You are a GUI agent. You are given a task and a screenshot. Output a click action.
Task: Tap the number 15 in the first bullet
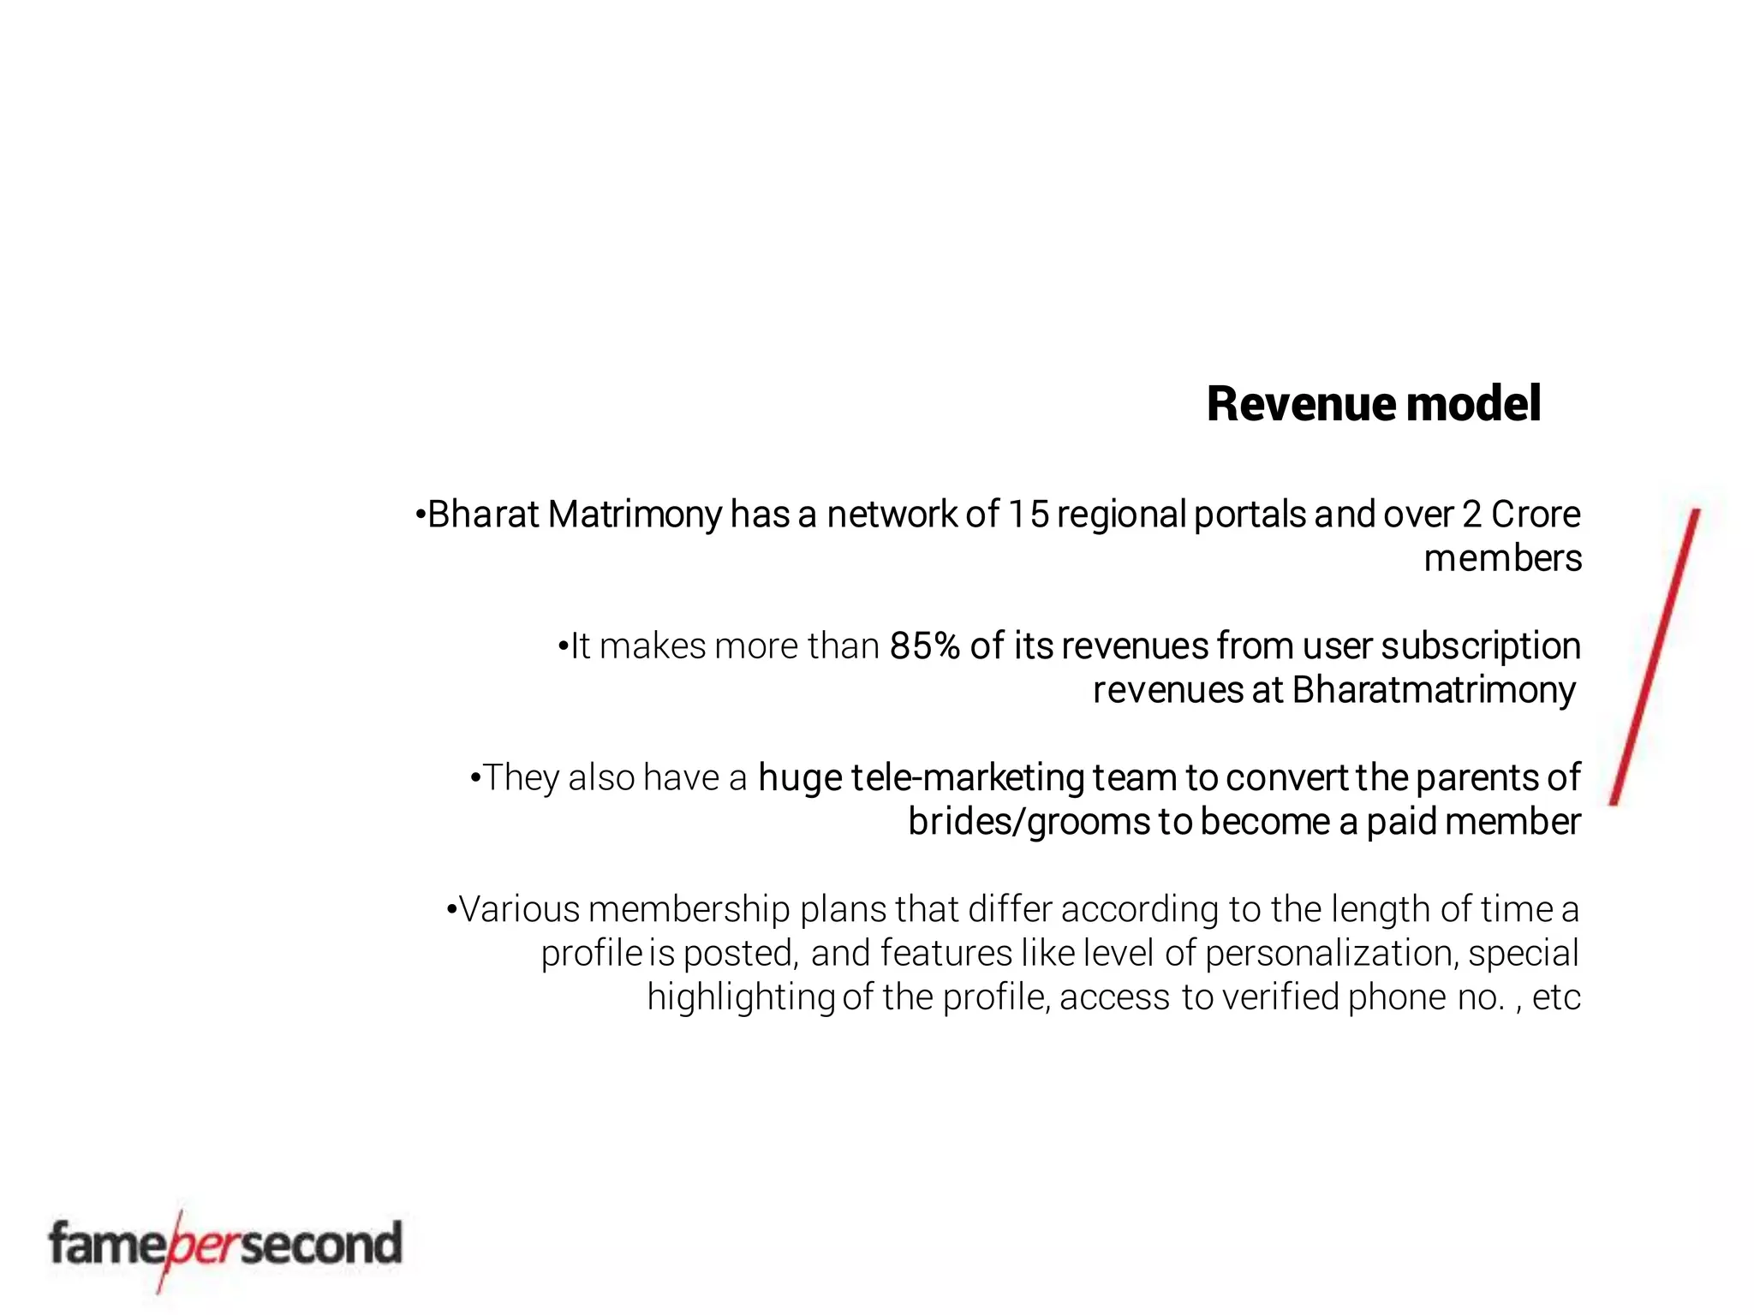[1027, 515]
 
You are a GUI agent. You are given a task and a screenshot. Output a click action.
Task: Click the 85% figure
[924, 646]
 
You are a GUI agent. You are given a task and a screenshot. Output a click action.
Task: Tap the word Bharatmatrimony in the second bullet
[1433, 691]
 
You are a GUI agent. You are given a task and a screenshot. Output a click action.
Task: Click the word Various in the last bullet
[519, 909]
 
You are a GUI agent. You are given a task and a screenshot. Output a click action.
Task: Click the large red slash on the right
[1655, 657]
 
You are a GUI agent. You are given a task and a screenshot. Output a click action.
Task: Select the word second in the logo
[320, 1244]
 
